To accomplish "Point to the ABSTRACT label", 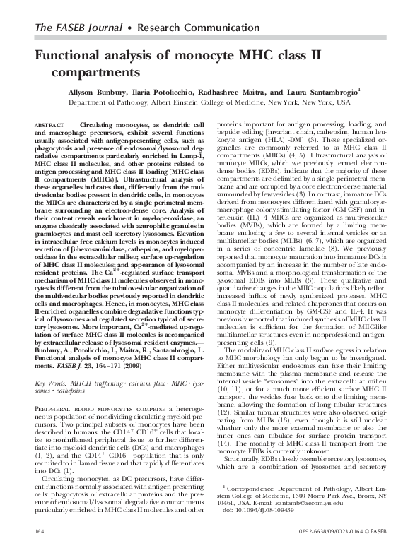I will [49, 124].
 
